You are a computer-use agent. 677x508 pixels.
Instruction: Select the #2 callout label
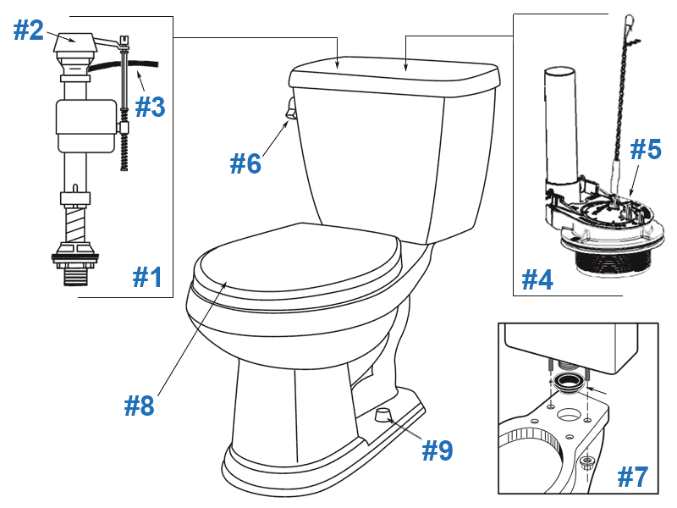(x=28, y=30)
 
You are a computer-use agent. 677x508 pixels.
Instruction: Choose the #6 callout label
(x=246, y=162)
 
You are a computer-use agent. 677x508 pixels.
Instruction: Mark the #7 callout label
(x=633, y=477)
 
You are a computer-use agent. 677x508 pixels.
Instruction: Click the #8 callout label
(x=140, y=406)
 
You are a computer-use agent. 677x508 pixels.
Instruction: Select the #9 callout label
(x=438, y=450)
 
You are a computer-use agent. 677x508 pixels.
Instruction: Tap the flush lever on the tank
(x=290, y=108)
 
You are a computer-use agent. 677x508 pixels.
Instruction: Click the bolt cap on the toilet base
(x=383, y=414)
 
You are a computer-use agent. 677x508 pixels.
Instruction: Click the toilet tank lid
(x=394, y=76)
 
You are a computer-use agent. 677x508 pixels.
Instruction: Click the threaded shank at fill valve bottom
(x=74, y=270)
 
